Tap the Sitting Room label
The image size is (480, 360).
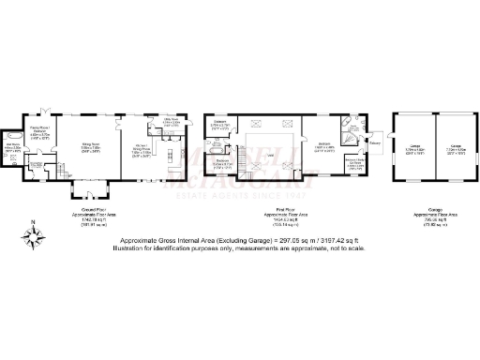[92, 150]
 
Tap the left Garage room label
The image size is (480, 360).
[414, 148]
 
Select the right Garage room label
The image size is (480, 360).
[454, 148]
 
